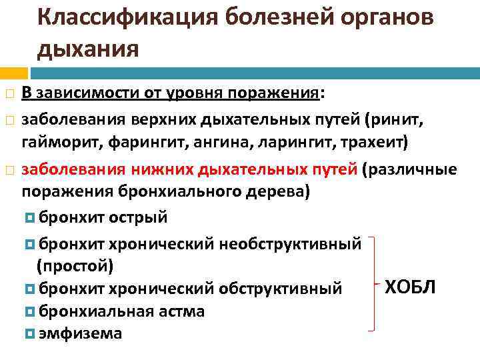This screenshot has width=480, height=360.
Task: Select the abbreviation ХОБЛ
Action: point(410,287)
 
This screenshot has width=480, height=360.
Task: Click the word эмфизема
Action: point(81,333)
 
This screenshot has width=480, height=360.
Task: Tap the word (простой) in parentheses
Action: point(75,266)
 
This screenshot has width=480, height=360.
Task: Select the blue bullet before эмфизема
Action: point(29,333)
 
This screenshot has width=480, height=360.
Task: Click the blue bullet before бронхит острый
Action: point(29,218)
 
